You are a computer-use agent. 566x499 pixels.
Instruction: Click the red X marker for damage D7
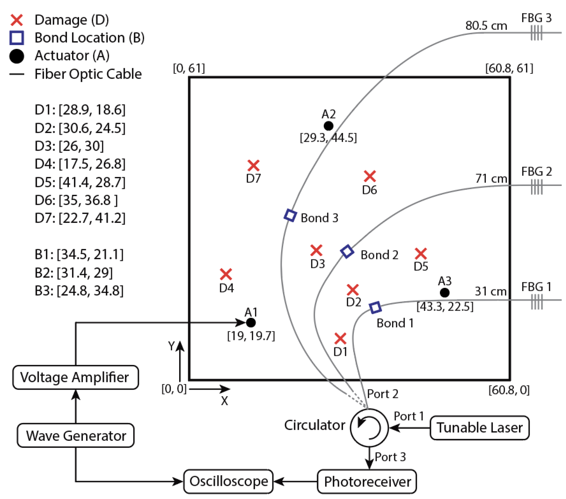(x=253, y=165)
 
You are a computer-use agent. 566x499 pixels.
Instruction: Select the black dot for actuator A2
(x=328, y=126)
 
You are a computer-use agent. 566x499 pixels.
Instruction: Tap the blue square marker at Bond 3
(x=290, y=215)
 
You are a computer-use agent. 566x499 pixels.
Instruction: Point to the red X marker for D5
(x=421, y=253)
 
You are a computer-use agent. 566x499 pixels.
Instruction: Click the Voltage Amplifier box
(x=75, y=377)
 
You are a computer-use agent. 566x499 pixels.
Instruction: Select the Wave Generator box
(x=75, y=436)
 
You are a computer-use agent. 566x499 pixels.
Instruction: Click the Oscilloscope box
(x=228, y=481)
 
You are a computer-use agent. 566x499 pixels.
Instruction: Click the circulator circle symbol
(x=369, y=428)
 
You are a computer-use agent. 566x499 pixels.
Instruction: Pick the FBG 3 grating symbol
(x=536, y=33)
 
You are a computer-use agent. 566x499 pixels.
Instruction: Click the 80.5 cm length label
(x=486, y=25)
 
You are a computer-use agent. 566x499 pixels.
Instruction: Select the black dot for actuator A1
(x=251, y=322)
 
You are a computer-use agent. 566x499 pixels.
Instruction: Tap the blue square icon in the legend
(x=17, y=38)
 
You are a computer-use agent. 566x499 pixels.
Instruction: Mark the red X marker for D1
(x=340, y=338)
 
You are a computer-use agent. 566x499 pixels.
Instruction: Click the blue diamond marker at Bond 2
(x=347, y=251)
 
